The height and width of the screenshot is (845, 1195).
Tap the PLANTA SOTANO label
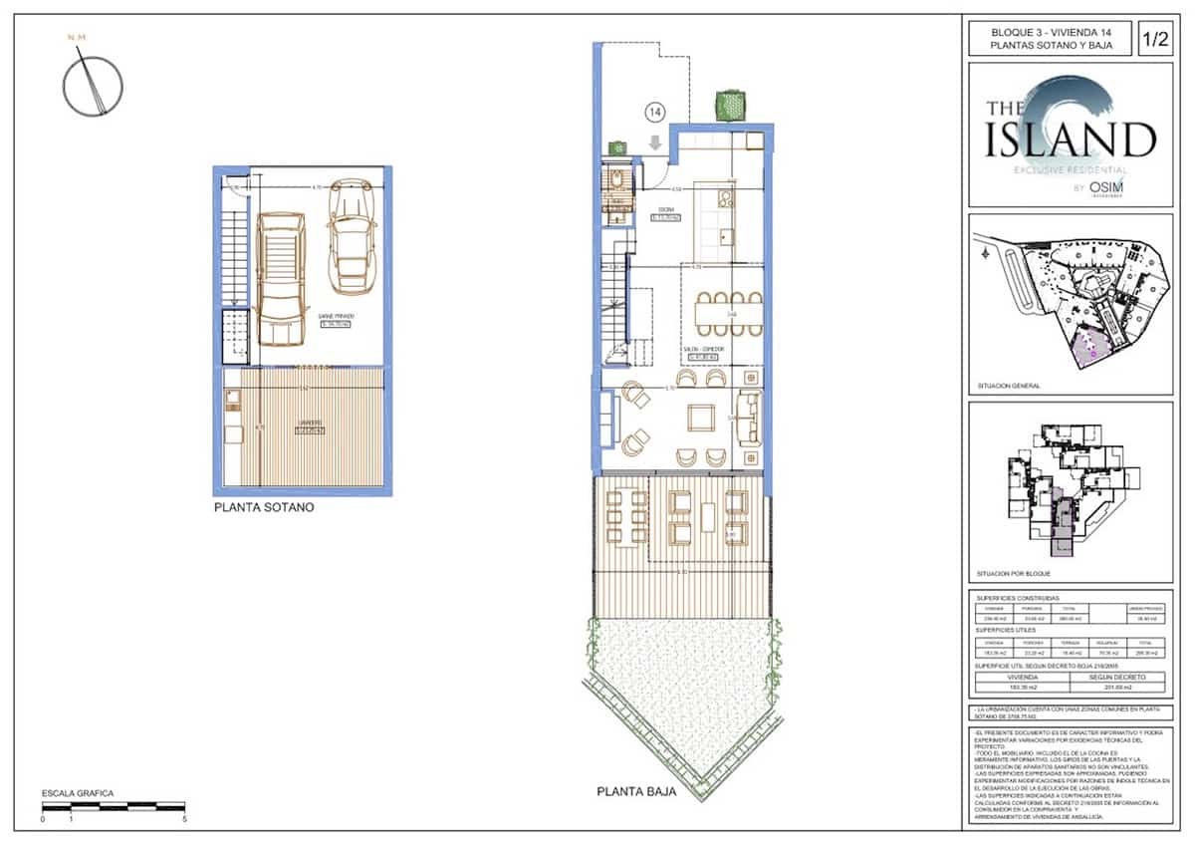[x=264, y=507]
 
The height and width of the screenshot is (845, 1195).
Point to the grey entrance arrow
[x=654, y=142]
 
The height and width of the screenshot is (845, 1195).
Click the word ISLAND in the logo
[x=1071, y=141]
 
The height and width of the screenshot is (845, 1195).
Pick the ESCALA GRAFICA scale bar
[x=113, y=805]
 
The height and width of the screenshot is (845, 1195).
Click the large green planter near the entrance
[x=732, y=104]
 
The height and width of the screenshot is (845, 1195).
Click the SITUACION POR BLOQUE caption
[x=1014, y=575]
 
